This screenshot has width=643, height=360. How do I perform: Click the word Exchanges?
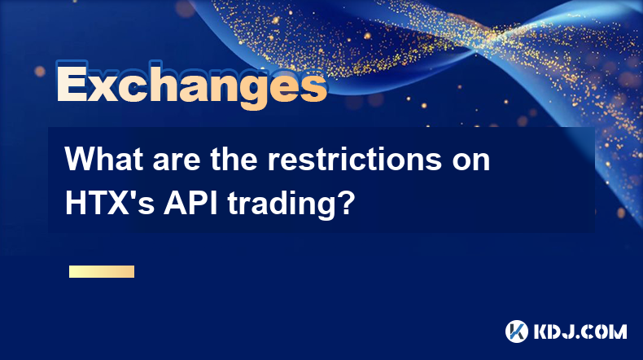[x=191, y=85]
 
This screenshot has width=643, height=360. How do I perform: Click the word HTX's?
[x=110, y=203]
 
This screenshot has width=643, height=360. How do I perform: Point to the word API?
[x=190, y=203]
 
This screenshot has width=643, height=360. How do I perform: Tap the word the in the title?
[x=234, y=159]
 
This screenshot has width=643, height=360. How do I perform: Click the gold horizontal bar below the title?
[x=102, y=271]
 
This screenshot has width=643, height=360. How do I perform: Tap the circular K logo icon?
[x=516, y=331]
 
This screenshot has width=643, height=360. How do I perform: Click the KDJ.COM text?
[x=580, y=331]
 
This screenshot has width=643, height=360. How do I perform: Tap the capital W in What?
[x=81, y=159]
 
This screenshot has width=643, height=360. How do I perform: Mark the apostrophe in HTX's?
[x=133, y=195]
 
